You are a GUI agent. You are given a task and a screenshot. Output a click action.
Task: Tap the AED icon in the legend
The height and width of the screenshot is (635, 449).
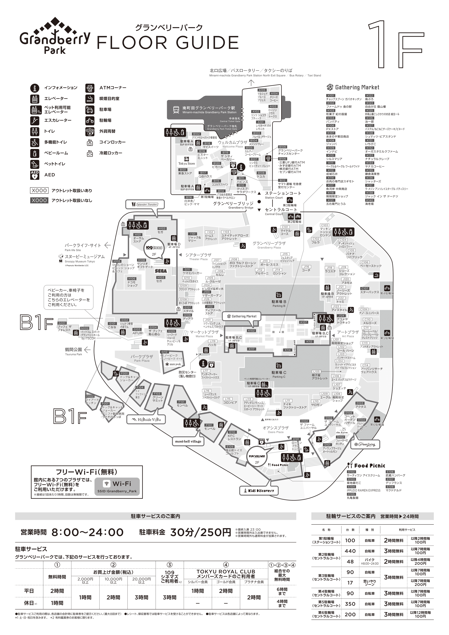(35, 175)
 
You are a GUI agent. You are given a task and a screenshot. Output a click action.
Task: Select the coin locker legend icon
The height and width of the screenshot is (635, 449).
(90, 142)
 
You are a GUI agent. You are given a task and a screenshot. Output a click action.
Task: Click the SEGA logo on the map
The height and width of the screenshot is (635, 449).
(161, 271)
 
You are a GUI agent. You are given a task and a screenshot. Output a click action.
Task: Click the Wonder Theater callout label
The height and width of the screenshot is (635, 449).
(145, 204)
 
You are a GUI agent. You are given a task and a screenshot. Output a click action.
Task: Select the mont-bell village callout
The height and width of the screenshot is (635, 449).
(188, 441)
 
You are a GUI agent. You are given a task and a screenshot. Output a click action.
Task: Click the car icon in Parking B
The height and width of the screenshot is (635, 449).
(279, 295)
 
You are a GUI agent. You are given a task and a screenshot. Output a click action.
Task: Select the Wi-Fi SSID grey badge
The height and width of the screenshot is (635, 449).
(117, 487)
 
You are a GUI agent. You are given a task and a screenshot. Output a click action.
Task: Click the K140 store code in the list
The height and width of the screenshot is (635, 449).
(369, 200)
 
